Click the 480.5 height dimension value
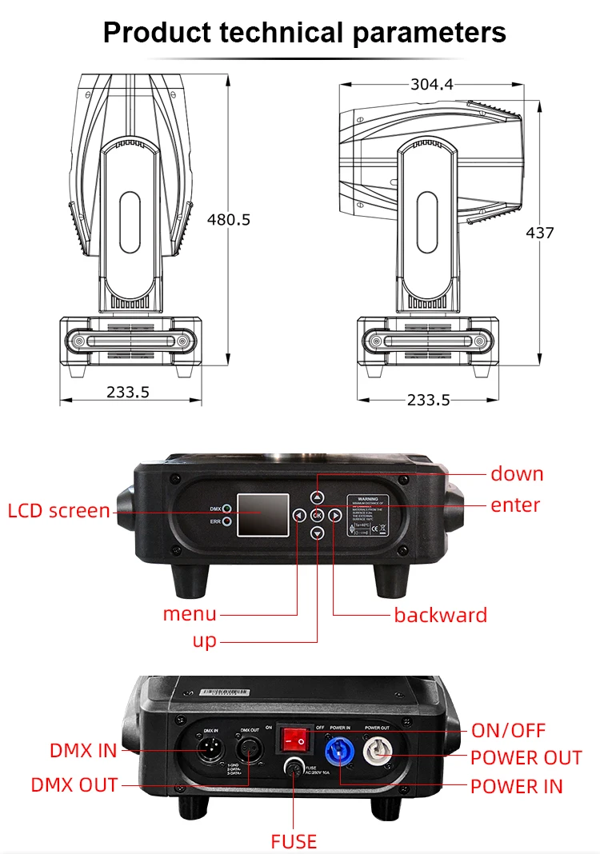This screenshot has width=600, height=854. [x=228, y=219]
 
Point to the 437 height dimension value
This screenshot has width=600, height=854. [x=539, y=233]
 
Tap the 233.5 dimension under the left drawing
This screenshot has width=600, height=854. [x=128, y=391]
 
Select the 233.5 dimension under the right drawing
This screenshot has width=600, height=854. [x=428, y=400]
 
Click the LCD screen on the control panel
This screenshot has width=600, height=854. [x=264, y=515]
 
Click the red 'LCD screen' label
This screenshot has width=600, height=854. [x=58, y=510]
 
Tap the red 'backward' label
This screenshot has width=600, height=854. [x=440, y=615]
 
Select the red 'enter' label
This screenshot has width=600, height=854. [x=515, y=505]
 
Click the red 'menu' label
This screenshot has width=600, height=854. [x=190, y=613]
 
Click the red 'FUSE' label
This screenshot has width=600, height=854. [x=294, y=841]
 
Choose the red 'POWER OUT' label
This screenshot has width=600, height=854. [x=526, y=758]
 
